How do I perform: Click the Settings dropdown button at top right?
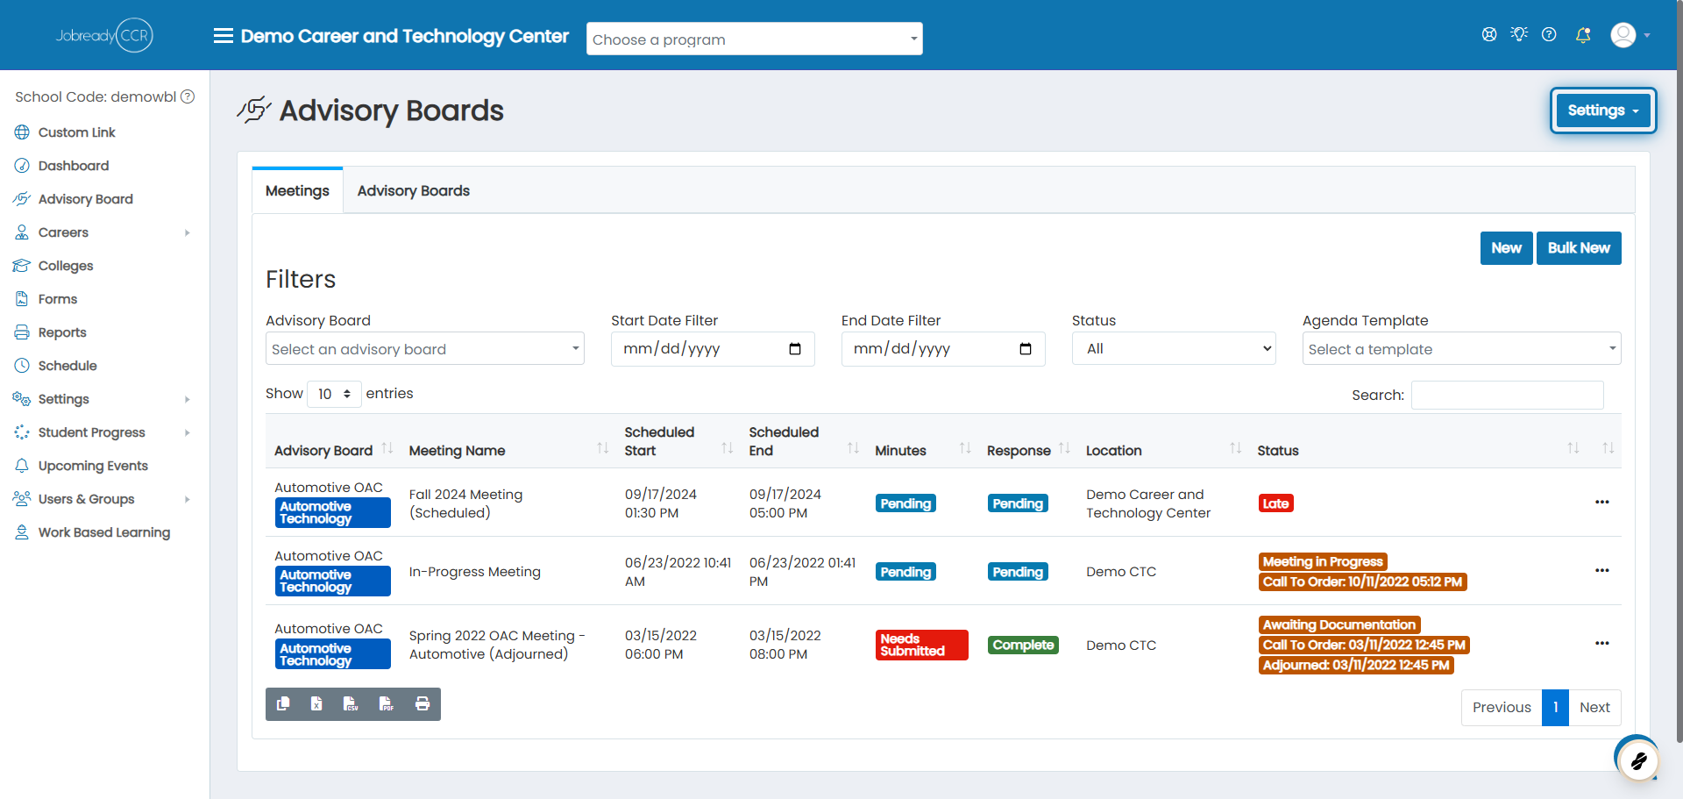pyautogui.click(x=1602, y=111)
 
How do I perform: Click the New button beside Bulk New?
pyautogui.click(x=1506, y=248)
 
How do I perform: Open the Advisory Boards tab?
pyautogui.click(x=413, y=191)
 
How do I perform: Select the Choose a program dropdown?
pyautogui.click(x=754, y=39)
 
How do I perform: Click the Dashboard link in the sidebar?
pyautogui.click(x=74, y=166)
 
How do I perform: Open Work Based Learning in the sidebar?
pyautogui.click(x=103, y=532)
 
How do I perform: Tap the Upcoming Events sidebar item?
pyautogui.click(x=93, y=466)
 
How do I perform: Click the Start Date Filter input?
pyautogui.click(x=713, y=349)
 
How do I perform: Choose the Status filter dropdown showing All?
pyautogui.click(x=1173, y=349)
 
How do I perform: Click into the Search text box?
pyautogui.click(x=1507, y=395)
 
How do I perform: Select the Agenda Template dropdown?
pyautogui.click(x=1461, y=349)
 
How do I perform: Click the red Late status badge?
pyautogui.click(x=1275, y=503)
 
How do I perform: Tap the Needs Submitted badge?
pyautogui.click(x=921, y=645)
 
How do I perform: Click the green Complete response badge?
pyautogui.click(x=1023, y=645)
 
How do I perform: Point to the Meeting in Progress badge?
pyautogui.click(x=1323, y=561)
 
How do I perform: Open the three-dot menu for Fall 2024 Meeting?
pyautogui.click(x=1602, y=502)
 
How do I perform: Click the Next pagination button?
pyautogui.click(x=1594, y=708)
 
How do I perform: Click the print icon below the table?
pyautogui.click(x=423, y=703)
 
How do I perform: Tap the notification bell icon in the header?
pyautogui.click(x=1583, y=35)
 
